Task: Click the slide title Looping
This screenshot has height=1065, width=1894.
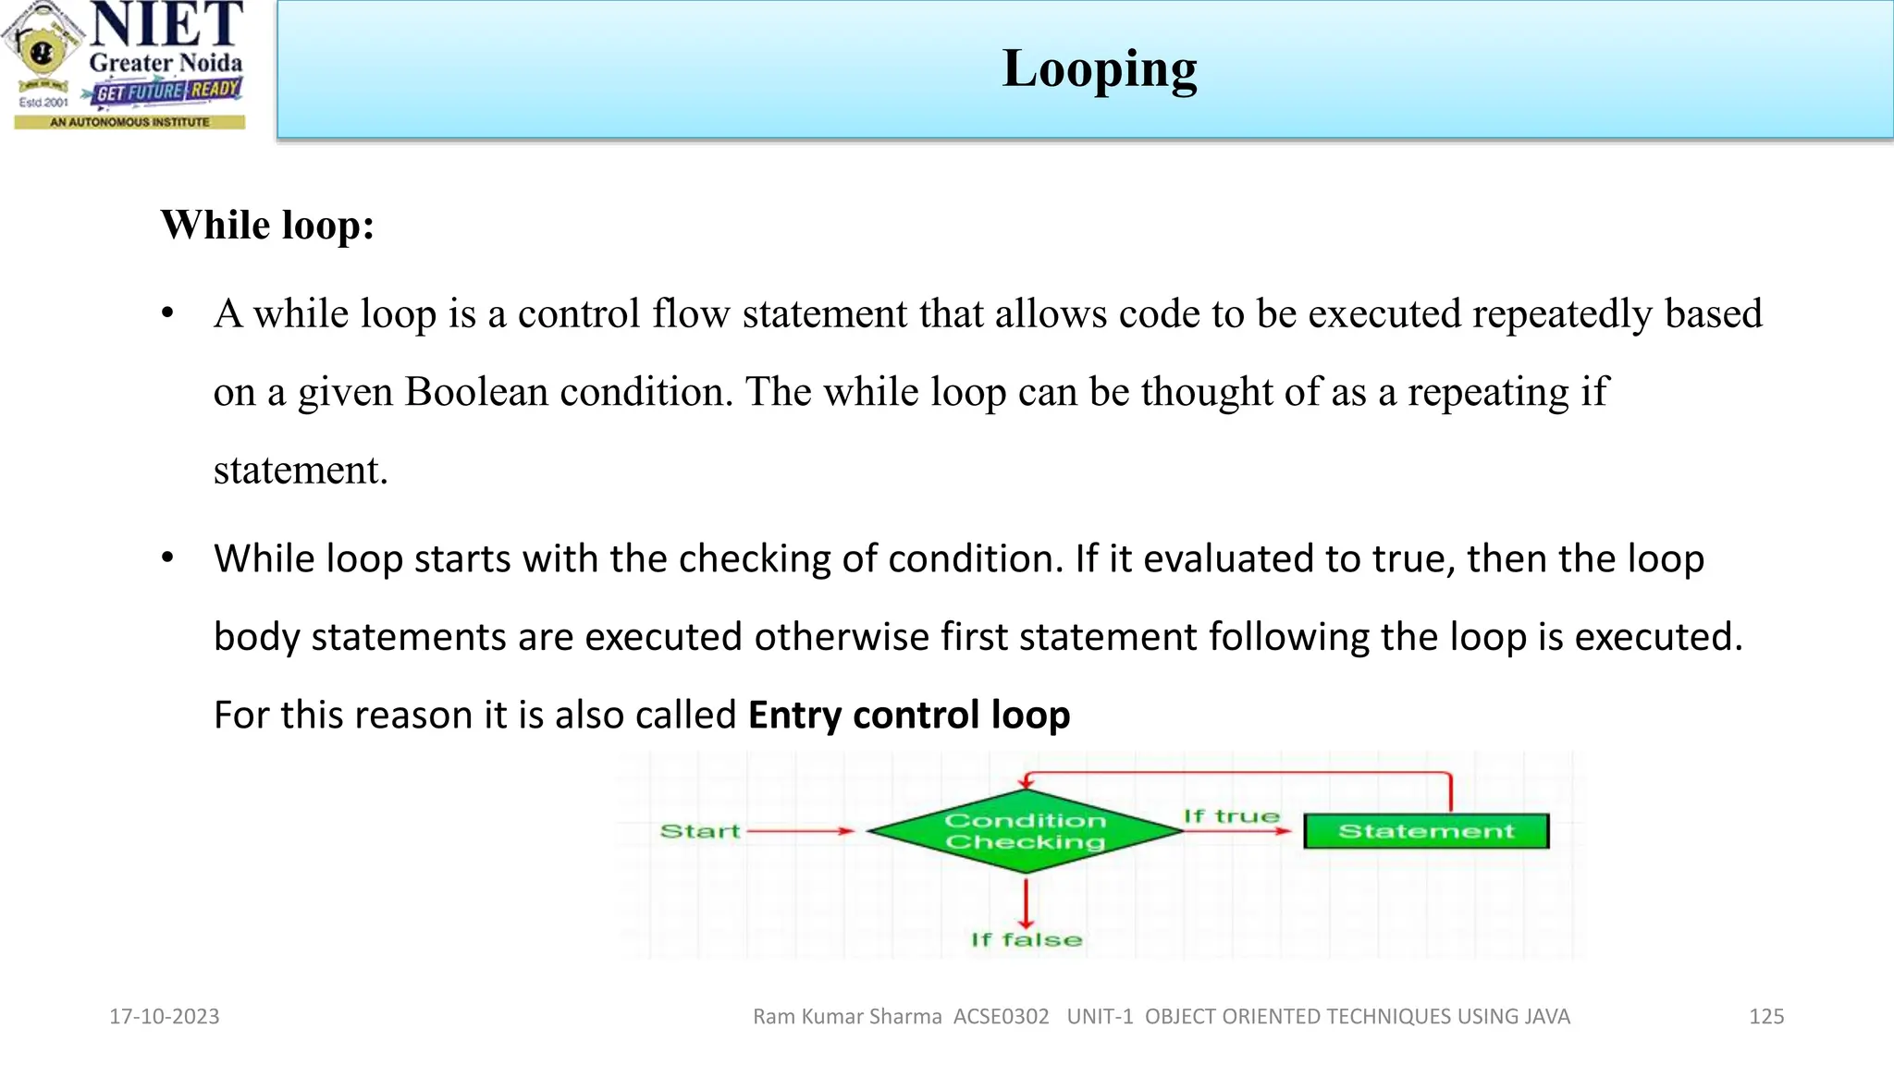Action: point(1099,69)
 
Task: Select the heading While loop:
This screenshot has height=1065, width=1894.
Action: point(267,225)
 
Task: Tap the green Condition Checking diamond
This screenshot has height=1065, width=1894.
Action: point(1025,831)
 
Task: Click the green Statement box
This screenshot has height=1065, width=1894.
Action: point(1426,831)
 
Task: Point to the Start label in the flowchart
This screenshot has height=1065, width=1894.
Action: point(700,831)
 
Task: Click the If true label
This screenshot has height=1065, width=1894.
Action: point(1231,816)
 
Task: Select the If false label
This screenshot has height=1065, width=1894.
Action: point(1026,940)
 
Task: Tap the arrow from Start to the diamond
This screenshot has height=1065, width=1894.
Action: point(801,831)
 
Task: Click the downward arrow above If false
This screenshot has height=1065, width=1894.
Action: point(1026,901)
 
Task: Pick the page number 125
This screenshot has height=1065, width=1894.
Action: point(1766,1017)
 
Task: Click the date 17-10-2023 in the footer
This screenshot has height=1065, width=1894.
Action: point(165,1017)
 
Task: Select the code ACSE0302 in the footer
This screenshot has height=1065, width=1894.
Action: point(1002,1017)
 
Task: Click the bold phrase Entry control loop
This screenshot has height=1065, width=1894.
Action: point(909,716)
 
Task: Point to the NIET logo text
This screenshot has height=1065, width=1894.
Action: point(167,25)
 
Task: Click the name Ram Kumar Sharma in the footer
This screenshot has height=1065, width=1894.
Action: point(847,1017)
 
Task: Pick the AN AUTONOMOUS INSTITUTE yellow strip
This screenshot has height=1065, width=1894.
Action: point(129,122)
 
